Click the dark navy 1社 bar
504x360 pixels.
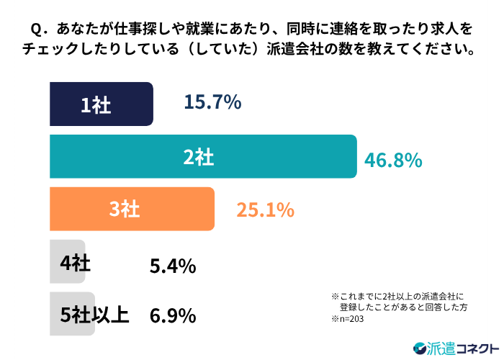click(x=101, y=104)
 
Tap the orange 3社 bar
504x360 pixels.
click(x=132, y=209)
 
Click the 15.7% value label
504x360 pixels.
click(x=212, y=104)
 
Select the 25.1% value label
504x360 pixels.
click(x=265, y=210)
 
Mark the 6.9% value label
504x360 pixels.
click(x=173, y=315)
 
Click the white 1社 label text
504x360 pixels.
click(x=95, y=105)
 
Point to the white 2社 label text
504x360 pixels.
click(x=199, y=157)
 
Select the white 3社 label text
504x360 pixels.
click(x=124, y=210)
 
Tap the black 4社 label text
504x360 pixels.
click(x=76, y=262)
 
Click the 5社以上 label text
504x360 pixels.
click(x=95, y=315)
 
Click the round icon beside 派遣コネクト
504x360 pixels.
click(x=420, y=347)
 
